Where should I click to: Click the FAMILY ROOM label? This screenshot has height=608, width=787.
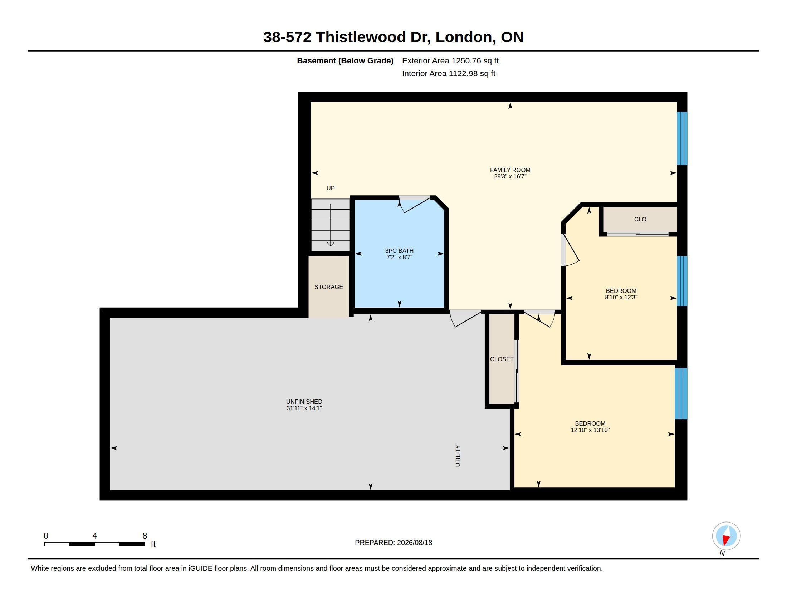(x=510, y=170)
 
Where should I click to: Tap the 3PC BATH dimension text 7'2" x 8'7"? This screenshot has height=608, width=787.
(x=399, y=257)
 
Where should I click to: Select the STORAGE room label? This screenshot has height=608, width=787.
(x=329, y=287)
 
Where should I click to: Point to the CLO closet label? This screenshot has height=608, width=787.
(x=640, y=219)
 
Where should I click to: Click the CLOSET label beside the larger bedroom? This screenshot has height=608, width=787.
(x=502, y=359)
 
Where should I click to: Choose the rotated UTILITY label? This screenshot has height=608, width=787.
(x=458, y=456)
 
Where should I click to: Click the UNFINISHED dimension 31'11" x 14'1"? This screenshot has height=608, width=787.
(x=304, y=408)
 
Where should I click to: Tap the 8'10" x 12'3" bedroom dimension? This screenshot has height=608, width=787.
(x=621, y=297)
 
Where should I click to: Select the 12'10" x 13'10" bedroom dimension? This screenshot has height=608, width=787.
(x=590, y=430)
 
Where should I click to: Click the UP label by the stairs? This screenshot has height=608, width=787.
(x=331, y=188)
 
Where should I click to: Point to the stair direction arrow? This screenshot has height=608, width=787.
(x=331, y=225)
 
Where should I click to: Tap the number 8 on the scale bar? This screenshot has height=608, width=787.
(x=145, y=536)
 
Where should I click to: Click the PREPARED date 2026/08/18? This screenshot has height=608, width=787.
(x=414, y=543)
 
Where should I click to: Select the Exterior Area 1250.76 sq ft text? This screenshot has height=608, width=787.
(x=450, y=60)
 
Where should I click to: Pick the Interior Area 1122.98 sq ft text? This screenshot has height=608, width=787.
(x=449, y=73)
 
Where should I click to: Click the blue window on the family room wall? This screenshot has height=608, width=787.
(x=682, y=138)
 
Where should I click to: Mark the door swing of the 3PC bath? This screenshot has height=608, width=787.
(x=415, y=205)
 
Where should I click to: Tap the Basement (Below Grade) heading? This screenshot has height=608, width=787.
(x=345, y=60)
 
